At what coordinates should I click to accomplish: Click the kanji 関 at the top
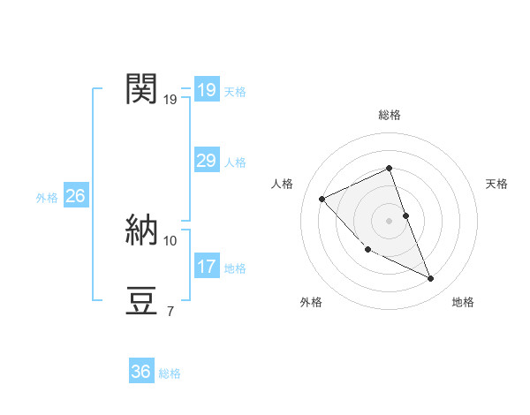141,89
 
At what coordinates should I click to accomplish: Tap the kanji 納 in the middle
141,230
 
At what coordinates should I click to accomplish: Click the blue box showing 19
206,90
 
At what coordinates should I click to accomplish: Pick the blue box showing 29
206,161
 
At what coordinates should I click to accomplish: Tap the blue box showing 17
206,267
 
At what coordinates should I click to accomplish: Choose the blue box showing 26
75,196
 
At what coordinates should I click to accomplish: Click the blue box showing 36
140,372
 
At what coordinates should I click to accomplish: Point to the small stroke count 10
170,240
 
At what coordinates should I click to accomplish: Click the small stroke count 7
170,311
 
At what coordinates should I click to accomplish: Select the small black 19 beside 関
170,99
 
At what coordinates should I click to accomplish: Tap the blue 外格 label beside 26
47,198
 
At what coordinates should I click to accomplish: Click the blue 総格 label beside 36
170,373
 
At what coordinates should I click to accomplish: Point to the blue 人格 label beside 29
235,162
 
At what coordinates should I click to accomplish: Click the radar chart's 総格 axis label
389,115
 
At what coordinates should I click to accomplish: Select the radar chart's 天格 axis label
497,184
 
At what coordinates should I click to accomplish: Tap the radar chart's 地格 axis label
463,302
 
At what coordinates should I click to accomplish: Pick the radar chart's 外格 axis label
311,302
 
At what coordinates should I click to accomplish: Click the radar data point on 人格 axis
322,199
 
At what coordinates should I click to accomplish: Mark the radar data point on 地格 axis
431,279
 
